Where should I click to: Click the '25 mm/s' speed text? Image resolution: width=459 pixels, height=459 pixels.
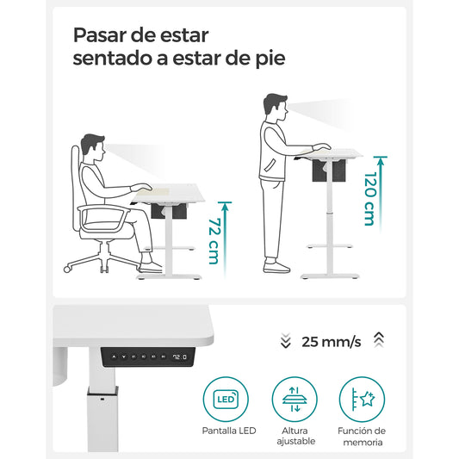(332, 342)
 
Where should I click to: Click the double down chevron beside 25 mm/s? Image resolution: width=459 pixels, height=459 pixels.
(286, 342)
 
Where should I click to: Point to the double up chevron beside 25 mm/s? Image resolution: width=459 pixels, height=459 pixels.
(379, 342)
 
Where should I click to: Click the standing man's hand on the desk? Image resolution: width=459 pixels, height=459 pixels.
(321, 148)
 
